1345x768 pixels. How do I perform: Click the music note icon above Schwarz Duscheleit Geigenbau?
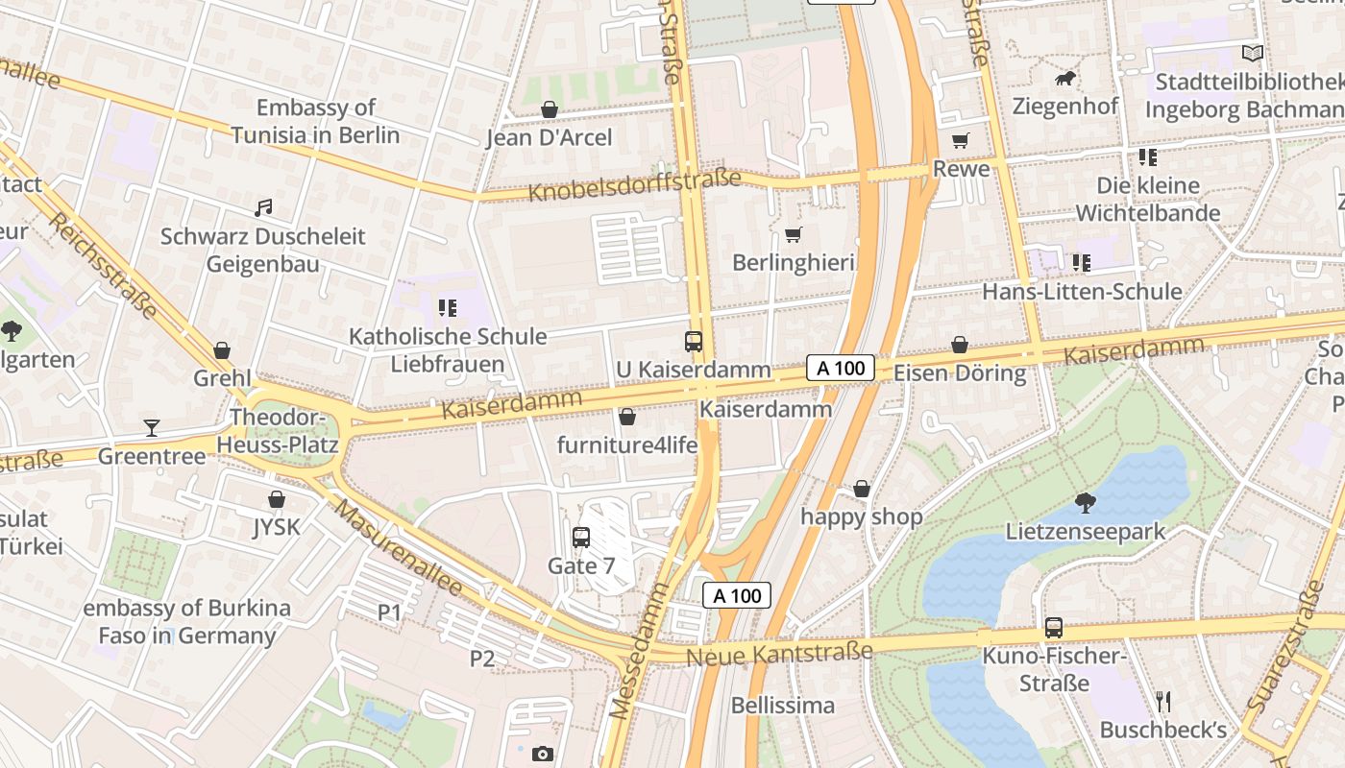[263, 207]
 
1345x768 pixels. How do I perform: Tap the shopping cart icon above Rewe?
[960, 141]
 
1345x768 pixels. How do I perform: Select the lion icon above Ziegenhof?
[1064, 78]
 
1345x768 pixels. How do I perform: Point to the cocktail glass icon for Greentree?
[152, 427]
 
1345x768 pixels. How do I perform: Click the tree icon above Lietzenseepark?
[1085, 502]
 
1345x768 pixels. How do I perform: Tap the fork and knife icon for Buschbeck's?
[1163, 702]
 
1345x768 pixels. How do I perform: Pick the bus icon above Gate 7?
[581, 538]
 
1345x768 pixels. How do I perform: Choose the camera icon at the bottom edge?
[543, 754]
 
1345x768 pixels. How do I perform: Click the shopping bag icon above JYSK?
[277, 499]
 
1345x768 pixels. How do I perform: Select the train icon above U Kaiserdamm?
[693, 341]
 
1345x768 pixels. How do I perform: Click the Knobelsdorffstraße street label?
[634, 185]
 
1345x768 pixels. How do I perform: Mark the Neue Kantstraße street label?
[779, 654]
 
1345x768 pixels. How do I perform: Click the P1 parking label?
[389, 612]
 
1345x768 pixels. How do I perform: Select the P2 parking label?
[481, 659]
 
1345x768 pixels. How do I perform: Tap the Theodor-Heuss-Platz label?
[278, 432]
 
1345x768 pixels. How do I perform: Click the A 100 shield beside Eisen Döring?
[840, 368]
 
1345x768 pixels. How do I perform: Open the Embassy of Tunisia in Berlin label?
[315, 121]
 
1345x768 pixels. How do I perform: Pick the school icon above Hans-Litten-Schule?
[1081, 262]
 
